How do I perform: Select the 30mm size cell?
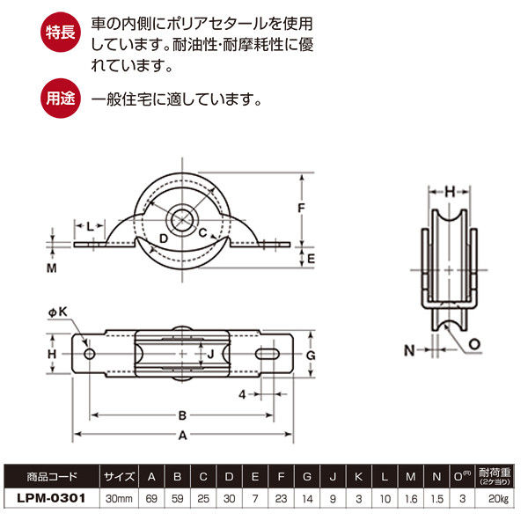(119, 498)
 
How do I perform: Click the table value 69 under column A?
(152, 498)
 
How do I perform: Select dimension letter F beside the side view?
(300, 209)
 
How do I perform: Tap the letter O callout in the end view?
(474, 344)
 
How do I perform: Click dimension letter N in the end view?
(407, 349)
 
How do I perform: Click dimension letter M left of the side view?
(51, 267)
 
